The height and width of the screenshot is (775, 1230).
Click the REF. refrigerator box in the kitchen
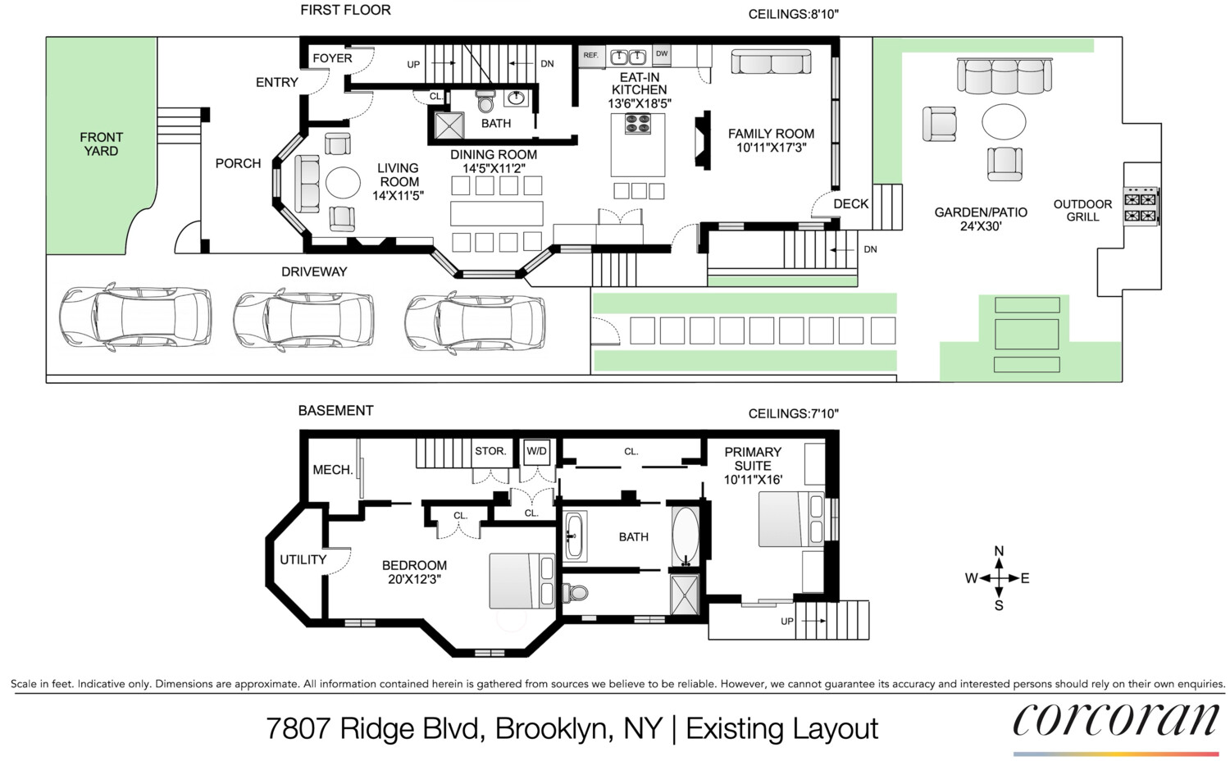[x=590, y=56]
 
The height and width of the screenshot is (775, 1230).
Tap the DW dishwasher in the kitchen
[x=662, y=55]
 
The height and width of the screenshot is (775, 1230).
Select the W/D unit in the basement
[x=537, y=452]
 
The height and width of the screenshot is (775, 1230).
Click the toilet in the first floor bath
[x=486, y=102]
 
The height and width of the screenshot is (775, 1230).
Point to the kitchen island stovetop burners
[x=638, y=124]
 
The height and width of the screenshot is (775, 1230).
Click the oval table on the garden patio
[x=1004, y=122]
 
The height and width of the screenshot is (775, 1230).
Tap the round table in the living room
[x=343, y=182]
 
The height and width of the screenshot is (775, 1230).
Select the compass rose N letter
[x=999, y=551]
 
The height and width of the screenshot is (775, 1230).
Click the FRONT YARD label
[x=101, y=144]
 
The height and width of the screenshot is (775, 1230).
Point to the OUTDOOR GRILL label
[x=1082, y=211]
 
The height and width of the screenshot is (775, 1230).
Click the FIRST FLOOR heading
[x=345, y=10]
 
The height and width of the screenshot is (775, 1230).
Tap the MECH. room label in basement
[x=332, y=470]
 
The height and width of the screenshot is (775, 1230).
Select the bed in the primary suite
[x=790, y=518]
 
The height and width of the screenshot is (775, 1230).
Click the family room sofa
[x=771, y=62]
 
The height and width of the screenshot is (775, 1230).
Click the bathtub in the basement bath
[x=685, y=536]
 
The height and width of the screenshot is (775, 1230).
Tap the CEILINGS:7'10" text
[x=793, y=414]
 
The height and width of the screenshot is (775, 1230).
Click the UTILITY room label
[x=303, y=559]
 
